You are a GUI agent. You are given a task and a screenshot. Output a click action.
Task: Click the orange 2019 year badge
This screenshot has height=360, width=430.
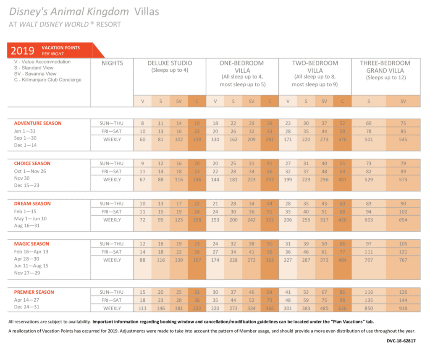pyautogui.click(x=23, y=51)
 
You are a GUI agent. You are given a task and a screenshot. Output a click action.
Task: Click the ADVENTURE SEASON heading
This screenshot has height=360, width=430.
pyautogui.click(x=38, y=123)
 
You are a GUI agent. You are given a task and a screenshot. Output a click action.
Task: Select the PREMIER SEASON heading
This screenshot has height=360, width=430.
pyautogui.click(x=34, y=292)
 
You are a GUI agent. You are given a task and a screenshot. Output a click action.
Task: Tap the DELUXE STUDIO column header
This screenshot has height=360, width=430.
pyautogui.click(x=170, y=63)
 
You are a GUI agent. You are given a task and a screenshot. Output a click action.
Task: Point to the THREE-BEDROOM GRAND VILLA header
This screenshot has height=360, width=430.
pyautogui.click(x=385, y=67)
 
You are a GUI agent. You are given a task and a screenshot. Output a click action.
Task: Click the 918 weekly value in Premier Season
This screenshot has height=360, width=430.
pyautogui.click(x=403, y=308)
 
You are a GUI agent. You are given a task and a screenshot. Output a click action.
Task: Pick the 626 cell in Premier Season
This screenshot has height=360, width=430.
pyautogui.click(x=342, y=308)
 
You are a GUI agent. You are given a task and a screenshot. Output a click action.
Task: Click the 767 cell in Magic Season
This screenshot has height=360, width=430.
pyautogui.click(x=403, y=260)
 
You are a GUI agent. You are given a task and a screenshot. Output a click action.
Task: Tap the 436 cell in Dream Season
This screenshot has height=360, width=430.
pyautogui.click(x=342, y=220)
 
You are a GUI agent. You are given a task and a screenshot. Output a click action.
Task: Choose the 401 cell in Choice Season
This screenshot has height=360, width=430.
pyautogui.click(x=342, y=180)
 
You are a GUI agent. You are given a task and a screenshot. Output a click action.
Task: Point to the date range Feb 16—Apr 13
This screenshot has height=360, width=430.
pyautogui.click(x=31, y=252)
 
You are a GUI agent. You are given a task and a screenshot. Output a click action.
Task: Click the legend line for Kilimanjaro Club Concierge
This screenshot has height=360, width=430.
pyautogui.click(x=47, y=80)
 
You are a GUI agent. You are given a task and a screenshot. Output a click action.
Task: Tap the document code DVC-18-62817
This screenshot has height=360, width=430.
pyautogui.click(x=401, y=341)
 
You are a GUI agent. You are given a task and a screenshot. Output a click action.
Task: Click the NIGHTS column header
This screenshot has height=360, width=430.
pyautogui.click(x=112, y=63)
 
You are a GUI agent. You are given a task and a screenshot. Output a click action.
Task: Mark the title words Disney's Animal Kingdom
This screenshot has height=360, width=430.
pyautogui.click(x=68, y=11)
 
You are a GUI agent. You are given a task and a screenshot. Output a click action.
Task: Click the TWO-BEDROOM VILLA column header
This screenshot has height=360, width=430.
pyautogui.click(x=315, y=67)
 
